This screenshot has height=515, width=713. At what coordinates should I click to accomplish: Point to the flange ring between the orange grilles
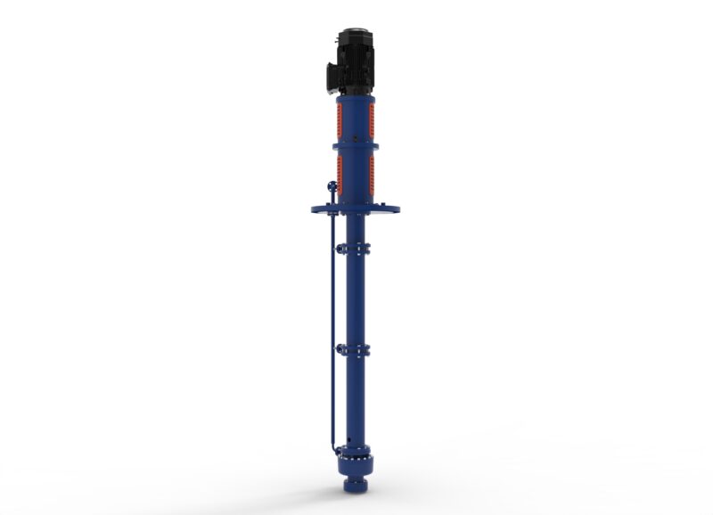pos(356,146)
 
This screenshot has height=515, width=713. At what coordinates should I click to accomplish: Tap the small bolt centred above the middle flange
pos(356,138)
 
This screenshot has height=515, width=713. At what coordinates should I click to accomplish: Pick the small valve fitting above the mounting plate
pos(332,188)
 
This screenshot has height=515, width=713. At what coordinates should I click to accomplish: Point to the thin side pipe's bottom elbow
pos(333,446)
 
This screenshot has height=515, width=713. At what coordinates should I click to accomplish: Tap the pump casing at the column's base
pos(356,464)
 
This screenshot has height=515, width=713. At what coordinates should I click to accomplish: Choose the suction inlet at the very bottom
pos(356,487)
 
